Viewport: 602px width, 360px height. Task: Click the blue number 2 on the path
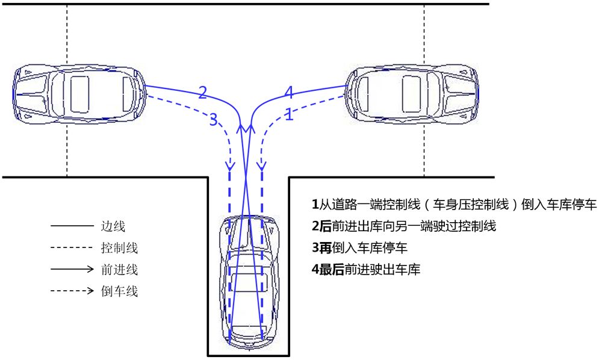(202, 92)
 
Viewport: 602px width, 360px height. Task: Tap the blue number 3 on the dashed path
(213, 119)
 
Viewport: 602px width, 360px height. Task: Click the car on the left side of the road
(79, 93)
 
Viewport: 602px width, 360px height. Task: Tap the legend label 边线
(113, 227)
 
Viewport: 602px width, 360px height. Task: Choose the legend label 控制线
(119, 249)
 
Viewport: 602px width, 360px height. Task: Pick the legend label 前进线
(119, 270)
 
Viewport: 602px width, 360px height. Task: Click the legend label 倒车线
(119, 292)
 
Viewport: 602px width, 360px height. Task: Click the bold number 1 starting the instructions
(315, 205)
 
